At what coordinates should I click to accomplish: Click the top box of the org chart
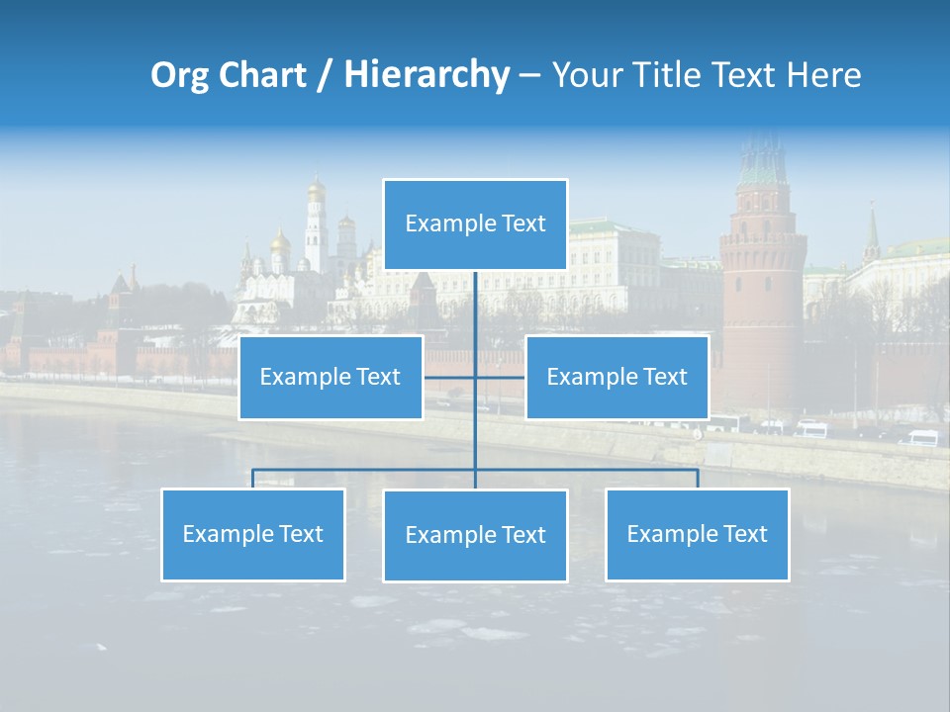pyautogui.click(x=475, y=224)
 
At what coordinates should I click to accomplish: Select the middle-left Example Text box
pyautogui.click(x=331, y=377)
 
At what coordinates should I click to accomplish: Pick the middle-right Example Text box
pyautogui.click(x=617, y=377)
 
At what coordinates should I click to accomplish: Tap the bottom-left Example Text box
pyautogui.click(x=252, y=534)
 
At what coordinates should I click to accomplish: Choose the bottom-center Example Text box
pyautogui.click(x=475, y=535)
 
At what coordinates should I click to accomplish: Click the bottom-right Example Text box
pyautogui.click(x=697, y=534)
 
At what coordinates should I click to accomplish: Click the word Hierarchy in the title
pyautogui.click(x=426, y=75)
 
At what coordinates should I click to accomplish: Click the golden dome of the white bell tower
pyautogui.click(x=316, y=188)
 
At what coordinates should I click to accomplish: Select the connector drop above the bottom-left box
pyautogui.click(x=253, y=479)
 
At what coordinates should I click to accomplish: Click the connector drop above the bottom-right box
pyautogui.click(x=698, y=479)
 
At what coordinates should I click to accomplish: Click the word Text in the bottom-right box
pyautogui.click(x=744, y=534)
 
